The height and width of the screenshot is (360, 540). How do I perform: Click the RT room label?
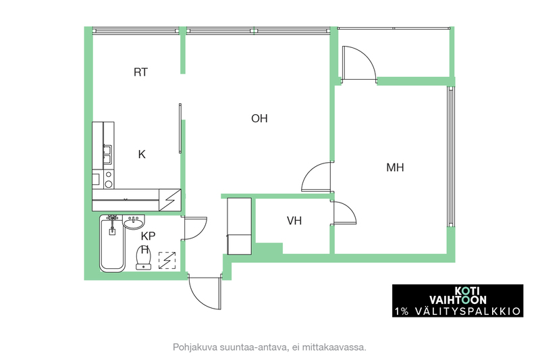coord(140,72)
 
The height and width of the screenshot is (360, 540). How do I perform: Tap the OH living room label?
coord(259,118)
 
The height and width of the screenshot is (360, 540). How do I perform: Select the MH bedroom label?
coord(395,168)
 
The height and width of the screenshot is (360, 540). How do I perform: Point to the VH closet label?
coord(294,220)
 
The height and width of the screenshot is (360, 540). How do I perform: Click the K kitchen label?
coord(142,155)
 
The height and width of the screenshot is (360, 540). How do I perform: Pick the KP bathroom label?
coord(148,236)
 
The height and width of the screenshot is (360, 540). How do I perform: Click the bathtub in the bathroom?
coord(112,244)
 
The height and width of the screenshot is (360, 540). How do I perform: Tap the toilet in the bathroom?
coord(143,257)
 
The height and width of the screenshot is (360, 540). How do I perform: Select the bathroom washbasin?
coord(134,222)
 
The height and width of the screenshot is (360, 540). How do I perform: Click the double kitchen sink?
coord(107,155)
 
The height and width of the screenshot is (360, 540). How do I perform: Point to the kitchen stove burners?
coord(109,179)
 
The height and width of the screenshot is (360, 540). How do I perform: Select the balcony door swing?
coord(359,63)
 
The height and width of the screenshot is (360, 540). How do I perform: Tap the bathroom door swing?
coord(194,228)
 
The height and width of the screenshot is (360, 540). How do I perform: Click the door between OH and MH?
coord(316,177)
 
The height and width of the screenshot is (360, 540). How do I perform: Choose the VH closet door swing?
coord(345,213)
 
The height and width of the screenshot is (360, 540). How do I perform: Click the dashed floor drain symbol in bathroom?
coord(167,261)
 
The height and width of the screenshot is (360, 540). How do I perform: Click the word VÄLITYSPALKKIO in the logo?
coord(468,311)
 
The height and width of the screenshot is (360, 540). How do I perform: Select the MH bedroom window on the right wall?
coord(450,157)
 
